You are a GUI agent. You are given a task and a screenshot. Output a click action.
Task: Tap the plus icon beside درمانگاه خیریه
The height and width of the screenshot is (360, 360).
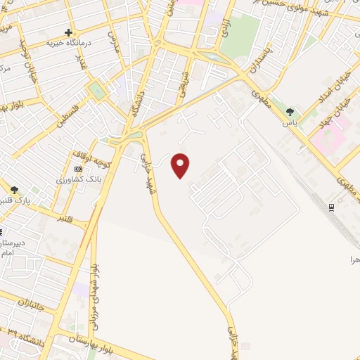[x=68, y=32]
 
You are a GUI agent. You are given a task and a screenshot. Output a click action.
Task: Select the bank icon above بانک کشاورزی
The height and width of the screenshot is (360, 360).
[x=78, y=169]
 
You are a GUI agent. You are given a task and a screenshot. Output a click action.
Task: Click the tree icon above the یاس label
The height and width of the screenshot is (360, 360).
[x=290, y=112]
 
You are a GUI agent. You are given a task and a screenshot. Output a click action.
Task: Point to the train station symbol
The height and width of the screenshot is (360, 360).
[x=330, y=206]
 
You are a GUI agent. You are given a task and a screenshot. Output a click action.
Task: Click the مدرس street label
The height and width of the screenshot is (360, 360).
[x=113, y=41]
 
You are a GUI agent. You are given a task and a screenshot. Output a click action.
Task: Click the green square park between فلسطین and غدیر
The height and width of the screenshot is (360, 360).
[x=96, y=90]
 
